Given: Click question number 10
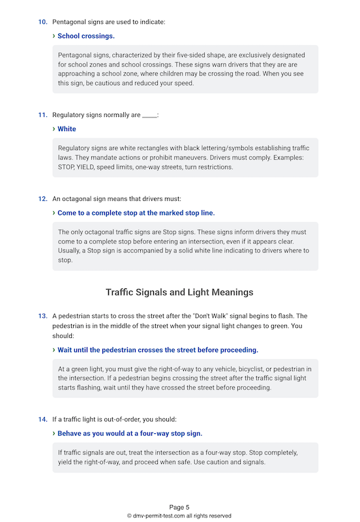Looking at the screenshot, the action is (42, 22).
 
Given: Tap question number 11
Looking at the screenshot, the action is (42, 115).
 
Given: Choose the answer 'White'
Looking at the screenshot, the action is (67, 129).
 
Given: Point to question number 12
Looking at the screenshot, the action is (42, 198).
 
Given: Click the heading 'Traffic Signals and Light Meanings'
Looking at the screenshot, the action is (179, 292).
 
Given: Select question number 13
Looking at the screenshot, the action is (42, 316).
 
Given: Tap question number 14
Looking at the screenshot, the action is (42, 419).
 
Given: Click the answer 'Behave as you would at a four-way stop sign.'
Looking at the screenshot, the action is (130, 433).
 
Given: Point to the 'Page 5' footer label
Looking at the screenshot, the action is (179, 507).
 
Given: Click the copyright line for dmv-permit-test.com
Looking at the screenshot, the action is (179, 515).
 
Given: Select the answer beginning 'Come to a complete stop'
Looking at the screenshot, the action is (136, 213).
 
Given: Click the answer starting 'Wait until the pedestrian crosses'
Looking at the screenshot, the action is (158, 350).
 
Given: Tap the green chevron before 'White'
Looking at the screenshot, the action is (53, 129).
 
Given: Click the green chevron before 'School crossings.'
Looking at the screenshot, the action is (53, 36).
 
